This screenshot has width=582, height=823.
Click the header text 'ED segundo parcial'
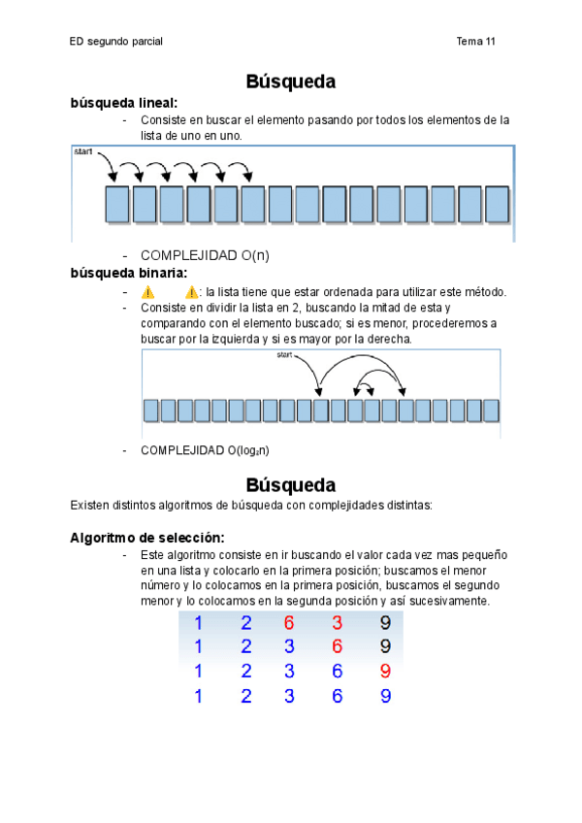coord(116,42)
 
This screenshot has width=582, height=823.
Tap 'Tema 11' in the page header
coord(475,42)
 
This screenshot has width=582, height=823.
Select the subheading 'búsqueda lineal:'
coord(124,102)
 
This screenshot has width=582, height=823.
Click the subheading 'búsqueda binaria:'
coord(128,273)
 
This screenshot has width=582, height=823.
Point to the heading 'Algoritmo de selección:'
coord(147,537)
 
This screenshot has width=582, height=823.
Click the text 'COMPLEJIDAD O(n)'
coord(205,255)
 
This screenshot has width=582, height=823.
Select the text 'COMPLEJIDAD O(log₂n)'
coord(205,450)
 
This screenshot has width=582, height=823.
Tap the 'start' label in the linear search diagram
coord(84,152)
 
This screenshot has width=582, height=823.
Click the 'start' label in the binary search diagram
coord(284,355)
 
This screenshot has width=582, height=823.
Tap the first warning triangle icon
coord(147,291)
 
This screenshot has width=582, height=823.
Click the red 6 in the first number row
coord(289,623)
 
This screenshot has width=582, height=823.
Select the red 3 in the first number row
coord(337,623)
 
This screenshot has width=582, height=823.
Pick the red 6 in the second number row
coord(337,646)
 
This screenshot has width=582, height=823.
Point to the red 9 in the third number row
coord(385,671)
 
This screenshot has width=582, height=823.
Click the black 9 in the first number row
coord(385,623)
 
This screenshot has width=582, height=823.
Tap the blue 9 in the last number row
coord(385,695)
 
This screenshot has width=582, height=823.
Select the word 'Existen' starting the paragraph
coord(90,505)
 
